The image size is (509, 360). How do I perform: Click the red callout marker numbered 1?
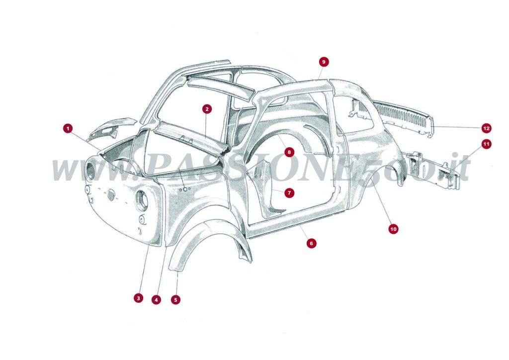pos(68,128)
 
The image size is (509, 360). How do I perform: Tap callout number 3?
pos(138,298)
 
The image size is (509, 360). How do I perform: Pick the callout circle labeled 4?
pos(157,300)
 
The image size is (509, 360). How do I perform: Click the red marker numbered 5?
pos(175,300)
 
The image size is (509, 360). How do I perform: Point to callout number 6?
pos(311,243)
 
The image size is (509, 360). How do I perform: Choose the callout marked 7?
pos(289,192)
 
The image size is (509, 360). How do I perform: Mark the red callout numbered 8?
pos(289,151)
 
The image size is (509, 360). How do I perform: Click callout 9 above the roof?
pos(324,62)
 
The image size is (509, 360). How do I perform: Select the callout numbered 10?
pos(393,229)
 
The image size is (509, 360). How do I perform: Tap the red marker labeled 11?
pos(486,144)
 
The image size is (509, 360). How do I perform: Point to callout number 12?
pos(486,128)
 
